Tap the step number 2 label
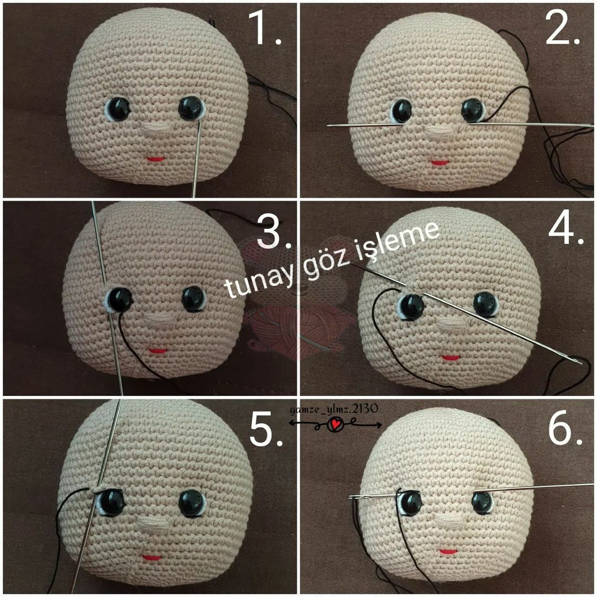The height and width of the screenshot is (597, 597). (563, 28)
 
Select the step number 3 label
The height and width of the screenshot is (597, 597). (274, 231)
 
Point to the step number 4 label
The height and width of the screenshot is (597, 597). (566, 227)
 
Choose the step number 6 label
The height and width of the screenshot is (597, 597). (565, 428)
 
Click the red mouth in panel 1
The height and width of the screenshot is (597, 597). (155, 159)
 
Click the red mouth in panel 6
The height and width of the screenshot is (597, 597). (448, 551)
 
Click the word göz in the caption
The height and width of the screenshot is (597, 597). (324, 265)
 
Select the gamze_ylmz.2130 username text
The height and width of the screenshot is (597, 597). (334, 409)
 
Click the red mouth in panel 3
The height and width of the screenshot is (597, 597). (157, 350)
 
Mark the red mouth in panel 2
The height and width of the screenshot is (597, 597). (440, 163)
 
